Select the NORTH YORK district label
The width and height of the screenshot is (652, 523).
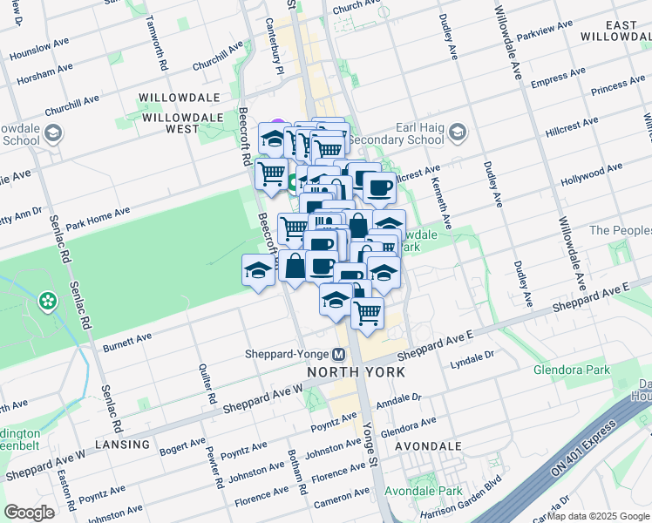coord(356,372)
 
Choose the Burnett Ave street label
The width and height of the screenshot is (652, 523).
coord(127,341)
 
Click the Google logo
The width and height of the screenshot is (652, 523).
coord(29,513)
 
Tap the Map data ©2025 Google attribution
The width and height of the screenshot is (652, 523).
coord(599,516)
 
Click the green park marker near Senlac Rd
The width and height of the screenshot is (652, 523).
coord(47,302)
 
